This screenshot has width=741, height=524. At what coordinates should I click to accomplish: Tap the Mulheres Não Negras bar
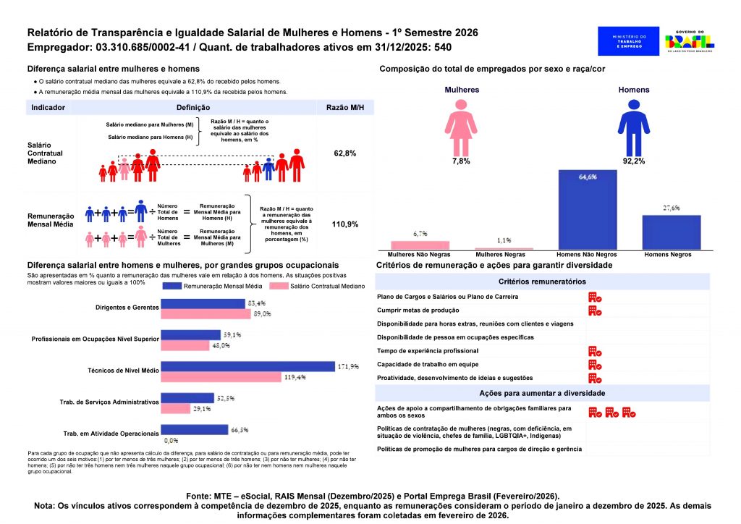pos(420,245)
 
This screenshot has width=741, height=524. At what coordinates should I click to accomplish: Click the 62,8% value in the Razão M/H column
pos(344,154)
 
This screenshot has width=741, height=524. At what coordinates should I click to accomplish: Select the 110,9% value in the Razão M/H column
pos(344,224)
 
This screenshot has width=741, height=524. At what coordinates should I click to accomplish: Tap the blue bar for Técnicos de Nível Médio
pos(247,366)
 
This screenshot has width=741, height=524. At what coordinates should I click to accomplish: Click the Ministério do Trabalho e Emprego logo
pos(628,41)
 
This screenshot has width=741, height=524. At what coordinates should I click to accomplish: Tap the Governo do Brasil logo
pos(690,42)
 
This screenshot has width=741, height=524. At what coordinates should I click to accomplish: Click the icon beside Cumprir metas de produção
pos(595,310)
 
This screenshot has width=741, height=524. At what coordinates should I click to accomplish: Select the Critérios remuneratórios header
pos(542,282)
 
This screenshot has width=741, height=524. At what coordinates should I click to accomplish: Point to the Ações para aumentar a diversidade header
pos(542,393)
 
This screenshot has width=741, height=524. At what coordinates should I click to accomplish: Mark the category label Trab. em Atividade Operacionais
pos(111,434)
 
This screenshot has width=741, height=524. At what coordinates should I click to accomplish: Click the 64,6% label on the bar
pos(587,177)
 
